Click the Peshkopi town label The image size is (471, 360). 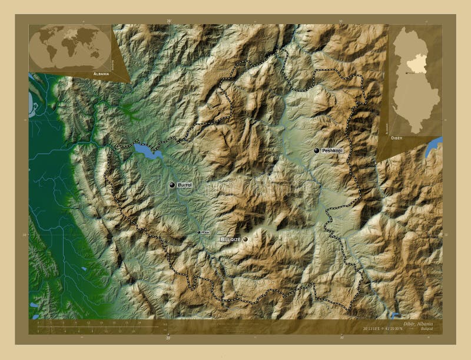pyautogui.click(x=332, y=151)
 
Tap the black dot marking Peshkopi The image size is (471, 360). pyautogui.click(x=317, y=151)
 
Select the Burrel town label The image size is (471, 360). pyautogui.click(x=184, y=185)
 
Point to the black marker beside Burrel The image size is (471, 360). pyautogui.click(x=172, y=185)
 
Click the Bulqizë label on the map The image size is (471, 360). pyautogui.click(x=230, y=240)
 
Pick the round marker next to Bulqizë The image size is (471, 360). pyautogui.click(x=245, y=239)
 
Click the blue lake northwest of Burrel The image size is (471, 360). pyautogui.click(x=147, y=151)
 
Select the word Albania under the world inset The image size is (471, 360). pyautogui.click(x=101, y=74)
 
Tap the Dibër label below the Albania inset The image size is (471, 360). pyautogui.click(x=398, y=136)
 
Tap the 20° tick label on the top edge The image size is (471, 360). pyautogui.click(x=169, y=21)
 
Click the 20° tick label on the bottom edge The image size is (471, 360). pyautogui.click(x=169, y=338)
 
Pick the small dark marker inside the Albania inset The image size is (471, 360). pyautogui.click(x=407, y=73)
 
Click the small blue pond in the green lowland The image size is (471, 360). pyautogui.click(x=84, y=269)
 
